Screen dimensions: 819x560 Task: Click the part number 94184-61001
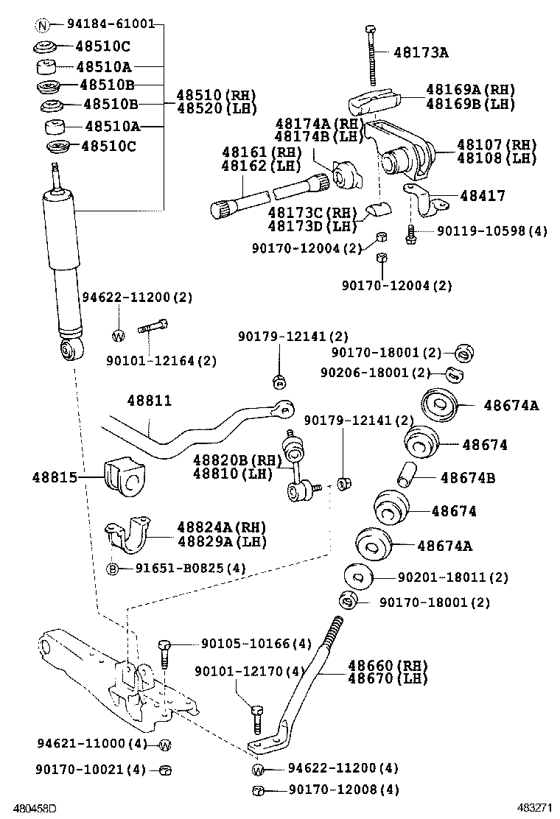coord(111,24)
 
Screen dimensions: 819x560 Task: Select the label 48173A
coord(421,52)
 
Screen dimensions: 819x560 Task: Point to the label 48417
coord(482,196)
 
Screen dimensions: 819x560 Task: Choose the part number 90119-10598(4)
coord(491,231)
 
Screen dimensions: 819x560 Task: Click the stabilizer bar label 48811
coord(149,401)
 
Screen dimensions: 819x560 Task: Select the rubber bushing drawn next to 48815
coord(123,475)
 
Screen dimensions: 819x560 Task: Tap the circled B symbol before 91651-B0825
coord(113,568)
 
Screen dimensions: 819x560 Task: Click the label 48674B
coord(467,478)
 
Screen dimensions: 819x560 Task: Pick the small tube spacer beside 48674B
coord(407,473)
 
